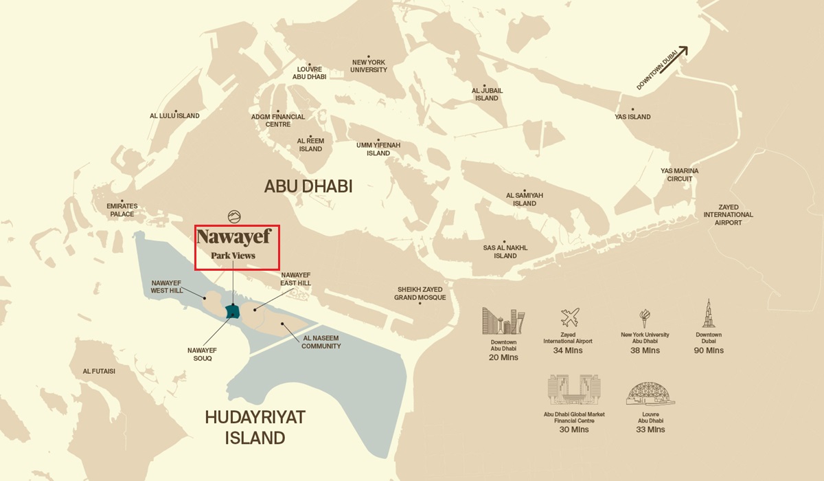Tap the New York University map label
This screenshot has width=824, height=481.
click(369, 65)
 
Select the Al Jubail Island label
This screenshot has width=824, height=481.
click(487, 94)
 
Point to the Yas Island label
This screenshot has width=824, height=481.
click(632, 117)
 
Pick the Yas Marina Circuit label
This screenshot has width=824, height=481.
click(680, 175)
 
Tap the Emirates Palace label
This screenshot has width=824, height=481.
click(122, 210)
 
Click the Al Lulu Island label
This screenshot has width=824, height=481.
click(174, 115)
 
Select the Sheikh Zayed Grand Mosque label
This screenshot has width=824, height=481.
click(420, 293)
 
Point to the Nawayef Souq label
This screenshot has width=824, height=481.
click(202, 354)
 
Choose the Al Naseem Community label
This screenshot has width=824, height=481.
click(321, 342)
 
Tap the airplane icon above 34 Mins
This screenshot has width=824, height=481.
click(569, 317)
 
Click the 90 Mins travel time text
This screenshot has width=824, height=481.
click(709, 350)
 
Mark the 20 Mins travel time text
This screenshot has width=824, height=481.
click(503, 357)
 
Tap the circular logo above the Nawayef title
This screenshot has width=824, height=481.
click(234, 216)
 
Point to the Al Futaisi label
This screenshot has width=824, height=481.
click(99, 371)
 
